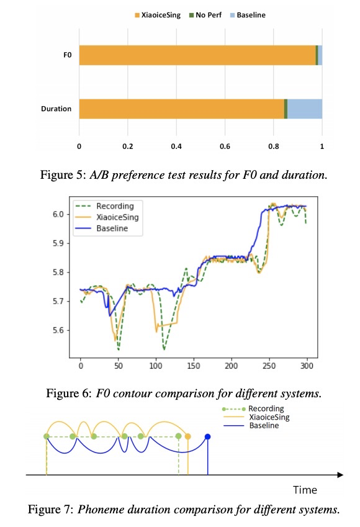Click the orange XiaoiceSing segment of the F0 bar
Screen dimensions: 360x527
197,55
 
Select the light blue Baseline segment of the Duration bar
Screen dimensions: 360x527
305,109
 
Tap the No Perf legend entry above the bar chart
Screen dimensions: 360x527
205,15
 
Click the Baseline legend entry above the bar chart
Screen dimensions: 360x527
248,15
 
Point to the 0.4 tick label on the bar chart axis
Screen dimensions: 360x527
176,146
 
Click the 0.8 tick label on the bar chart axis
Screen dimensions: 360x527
274,146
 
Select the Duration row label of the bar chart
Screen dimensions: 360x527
56,109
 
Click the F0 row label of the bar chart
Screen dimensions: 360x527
68,55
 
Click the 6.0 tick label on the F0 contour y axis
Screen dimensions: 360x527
58,214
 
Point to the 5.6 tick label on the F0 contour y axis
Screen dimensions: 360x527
58,330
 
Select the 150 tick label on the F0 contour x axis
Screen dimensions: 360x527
194,366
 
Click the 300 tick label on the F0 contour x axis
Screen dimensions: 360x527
307,366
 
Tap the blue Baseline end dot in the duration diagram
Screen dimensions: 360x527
208,437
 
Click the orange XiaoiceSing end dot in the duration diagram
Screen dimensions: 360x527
188,436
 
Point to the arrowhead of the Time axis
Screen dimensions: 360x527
340,475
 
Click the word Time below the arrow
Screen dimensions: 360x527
305,490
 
